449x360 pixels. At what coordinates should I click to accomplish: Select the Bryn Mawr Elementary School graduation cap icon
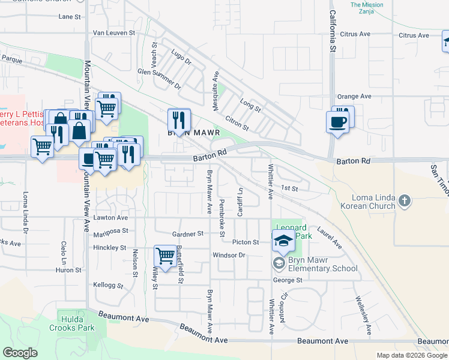point(283,242)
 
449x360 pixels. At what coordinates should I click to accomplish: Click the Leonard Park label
point(292,232)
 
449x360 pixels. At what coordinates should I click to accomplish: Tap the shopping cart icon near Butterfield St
point(165,256)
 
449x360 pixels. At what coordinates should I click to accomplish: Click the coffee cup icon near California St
point(337,122)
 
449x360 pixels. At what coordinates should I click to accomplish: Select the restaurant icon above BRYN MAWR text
point(178,118)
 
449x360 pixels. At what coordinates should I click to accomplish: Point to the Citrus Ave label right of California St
point(414,35)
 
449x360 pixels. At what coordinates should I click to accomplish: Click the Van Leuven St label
point(115,33)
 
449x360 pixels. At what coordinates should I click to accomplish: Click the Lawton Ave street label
point(110,217)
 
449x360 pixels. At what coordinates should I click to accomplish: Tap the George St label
point(288,280)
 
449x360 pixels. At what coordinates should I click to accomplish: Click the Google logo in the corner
point(20,353)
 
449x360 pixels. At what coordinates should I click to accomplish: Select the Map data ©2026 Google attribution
point(412,355)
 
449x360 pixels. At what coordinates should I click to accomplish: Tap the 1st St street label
point(290,188)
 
